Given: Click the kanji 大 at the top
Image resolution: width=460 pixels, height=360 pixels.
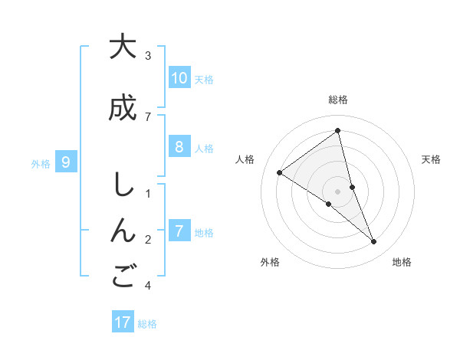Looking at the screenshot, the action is point(122,47).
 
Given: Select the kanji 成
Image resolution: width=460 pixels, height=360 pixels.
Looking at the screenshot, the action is point(122,108).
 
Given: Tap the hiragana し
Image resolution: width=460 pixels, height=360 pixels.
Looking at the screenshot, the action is point(122,186).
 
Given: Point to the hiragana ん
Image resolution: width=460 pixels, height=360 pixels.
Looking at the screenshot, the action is point(122,231).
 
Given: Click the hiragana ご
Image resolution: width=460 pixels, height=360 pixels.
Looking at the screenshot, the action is point(122,277).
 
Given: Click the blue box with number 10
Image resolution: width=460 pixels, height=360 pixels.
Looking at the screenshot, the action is point(179,78).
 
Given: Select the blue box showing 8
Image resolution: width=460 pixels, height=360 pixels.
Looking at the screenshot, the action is point(179,147).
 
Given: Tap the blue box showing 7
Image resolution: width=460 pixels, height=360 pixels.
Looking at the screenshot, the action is point(179,231).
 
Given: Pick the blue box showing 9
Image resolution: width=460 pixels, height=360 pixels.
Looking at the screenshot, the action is point(67,162).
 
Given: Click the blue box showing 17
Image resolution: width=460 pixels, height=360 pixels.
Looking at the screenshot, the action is point(123,322).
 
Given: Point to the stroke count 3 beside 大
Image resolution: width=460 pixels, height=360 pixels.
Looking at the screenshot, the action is point(148,56).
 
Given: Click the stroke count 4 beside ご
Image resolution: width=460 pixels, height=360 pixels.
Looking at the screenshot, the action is point(148,286).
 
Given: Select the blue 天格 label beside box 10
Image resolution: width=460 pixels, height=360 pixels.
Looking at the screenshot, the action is point(204,79).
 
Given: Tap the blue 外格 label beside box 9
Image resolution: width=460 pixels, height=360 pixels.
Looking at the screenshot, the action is point(41,162).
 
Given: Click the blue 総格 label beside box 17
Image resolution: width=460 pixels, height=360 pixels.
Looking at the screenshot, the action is point(147,323).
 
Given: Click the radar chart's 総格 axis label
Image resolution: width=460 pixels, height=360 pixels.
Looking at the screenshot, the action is point(338,100).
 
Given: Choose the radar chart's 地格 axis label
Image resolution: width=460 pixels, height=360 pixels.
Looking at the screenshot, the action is point(402,262).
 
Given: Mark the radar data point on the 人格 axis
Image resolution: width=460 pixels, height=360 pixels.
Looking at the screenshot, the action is point(280,172).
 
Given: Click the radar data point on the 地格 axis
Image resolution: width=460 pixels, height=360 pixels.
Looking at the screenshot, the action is point(374,241).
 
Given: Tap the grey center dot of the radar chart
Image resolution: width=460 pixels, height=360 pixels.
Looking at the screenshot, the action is point(338,191).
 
